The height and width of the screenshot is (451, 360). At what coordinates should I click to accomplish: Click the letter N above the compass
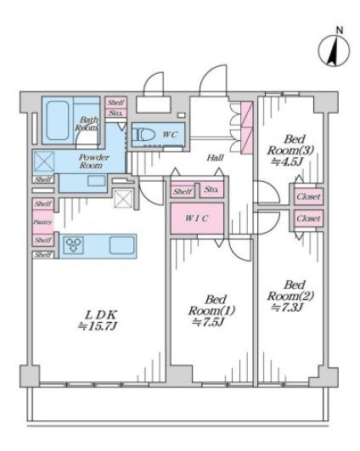tap(340, 31)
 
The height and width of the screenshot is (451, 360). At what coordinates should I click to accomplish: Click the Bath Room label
tap(88, 123)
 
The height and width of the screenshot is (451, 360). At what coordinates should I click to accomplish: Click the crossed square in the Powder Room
tap(45, 161)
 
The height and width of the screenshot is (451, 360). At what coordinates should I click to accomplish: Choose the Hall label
tap(214, 158)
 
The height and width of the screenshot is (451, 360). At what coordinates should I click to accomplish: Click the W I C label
tap(197, 218)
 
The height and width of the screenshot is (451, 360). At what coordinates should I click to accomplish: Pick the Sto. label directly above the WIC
tap(211, 190)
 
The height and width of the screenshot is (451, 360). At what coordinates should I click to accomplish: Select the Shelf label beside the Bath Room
tap(116, 102)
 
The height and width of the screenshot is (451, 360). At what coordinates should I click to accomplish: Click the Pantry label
tap(42, 223)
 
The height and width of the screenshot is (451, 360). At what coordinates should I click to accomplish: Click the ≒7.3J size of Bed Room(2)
tap(294, 307)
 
